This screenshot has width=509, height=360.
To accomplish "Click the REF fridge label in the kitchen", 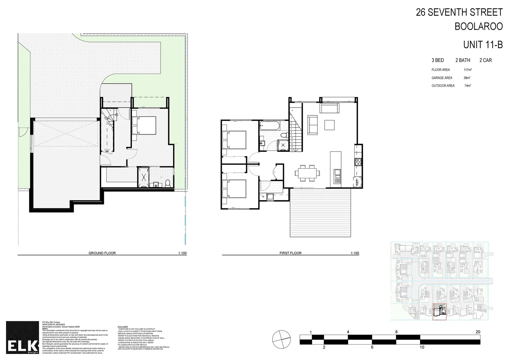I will pos(357,182).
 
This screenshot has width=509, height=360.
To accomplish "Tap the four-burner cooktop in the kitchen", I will pos(358,162).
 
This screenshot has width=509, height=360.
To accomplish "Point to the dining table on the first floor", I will pos(306,173).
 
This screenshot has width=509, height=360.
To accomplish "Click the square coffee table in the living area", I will pos(330,125).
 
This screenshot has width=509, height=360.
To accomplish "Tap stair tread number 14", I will pos(292,150).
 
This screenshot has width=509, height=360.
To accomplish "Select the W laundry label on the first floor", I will pos(263,196).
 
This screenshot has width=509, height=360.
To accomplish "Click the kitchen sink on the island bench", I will pos(337,173).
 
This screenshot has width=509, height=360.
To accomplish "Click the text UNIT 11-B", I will pos(483,44).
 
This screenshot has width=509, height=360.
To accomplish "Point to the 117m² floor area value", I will pos(467,70).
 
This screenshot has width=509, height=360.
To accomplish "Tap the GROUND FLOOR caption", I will pos(102,253).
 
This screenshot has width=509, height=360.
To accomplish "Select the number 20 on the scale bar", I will pos(478,332).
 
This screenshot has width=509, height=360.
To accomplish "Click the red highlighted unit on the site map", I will pos(439,312).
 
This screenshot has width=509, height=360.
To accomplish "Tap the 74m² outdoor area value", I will pos(467,86).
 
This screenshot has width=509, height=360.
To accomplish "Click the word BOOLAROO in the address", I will pos(478,27).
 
